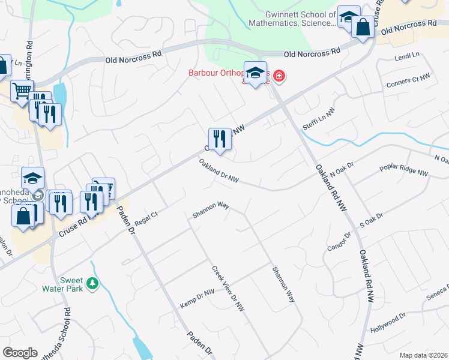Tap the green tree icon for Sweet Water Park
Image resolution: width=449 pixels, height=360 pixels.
click(92, 283)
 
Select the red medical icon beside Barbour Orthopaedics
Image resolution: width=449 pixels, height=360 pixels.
click(279, 76)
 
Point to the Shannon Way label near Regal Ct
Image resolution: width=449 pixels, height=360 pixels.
click(211, 209)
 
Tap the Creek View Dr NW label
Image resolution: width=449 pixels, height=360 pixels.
click(229, 289)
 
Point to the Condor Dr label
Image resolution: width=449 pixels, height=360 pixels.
click(338, 241)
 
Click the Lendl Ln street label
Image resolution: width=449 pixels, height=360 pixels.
click(407, 56)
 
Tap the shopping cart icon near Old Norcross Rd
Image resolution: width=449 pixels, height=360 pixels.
click(22, 91)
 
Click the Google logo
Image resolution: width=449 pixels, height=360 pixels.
click(20, 353)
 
